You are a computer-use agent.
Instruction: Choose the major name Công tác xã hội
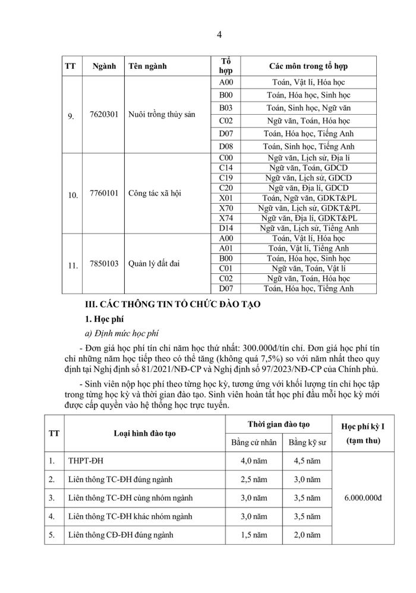(153, 194)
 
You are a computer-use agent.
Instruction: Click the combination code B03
(225, 108)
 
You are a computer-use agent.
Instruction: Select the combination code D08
(225, 146)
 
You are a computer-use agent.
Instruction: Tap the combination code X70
(225, 207)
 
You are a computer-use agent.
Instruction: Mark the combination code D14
(225, 228)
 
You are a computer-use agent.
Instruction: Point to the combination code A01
(225, 248)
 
